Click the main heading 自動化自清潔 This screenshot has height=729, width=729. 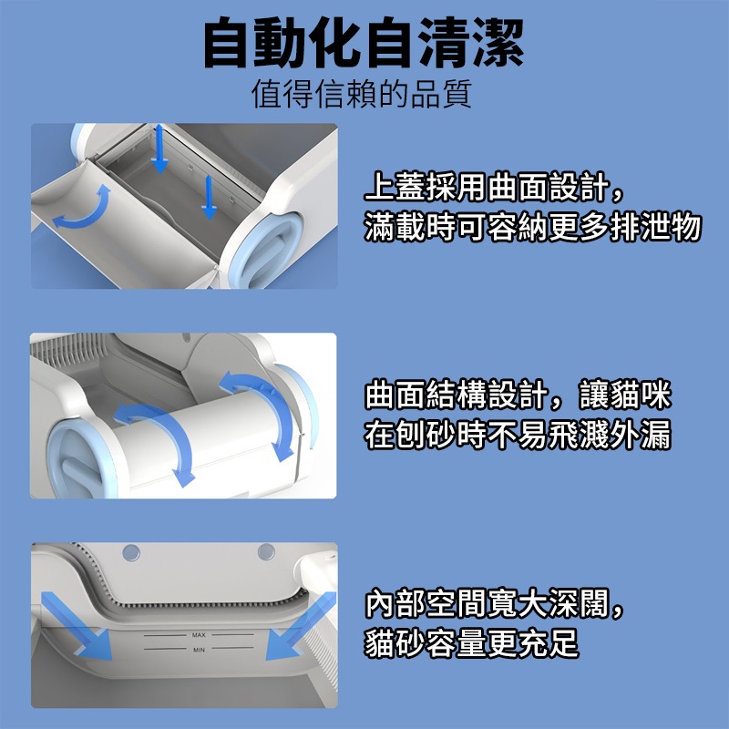tap(364, 43)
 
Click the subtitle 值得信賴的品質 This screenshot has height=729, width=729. tap(362, 94)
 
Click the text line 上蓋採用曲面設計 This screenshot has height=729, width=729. tap(487, 187)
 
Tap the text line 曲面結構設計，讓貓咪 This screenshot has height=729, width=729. tap(519, 395)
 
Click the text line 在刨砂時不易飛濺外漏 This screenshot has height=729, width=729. tap(518, 435)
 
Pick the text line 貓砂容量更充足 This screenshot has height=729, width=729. tap(471, 642)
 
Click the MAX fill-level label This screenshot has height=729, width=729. tap(199, 635)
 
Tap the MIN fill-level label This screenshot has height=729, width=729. tap(199, 650)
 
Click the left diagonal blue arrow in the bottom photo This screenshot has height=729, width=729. tap(77, 626)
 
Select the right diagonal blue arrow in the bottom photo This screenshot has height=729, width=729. tap(301, 626)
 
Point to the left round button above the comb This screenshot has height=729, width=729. tap(131, 553)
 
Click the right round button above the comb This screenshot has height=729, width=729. tap(266, 552)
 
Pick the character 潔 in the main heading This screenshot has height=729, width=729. tap(498, 43)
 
